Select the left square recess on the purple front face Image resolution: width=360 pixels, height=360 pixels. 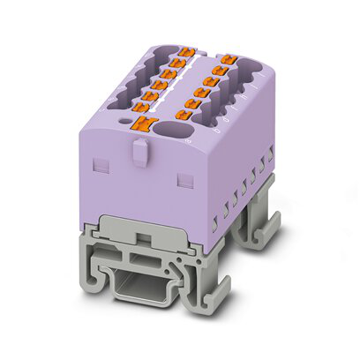(x=100, y=165)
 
